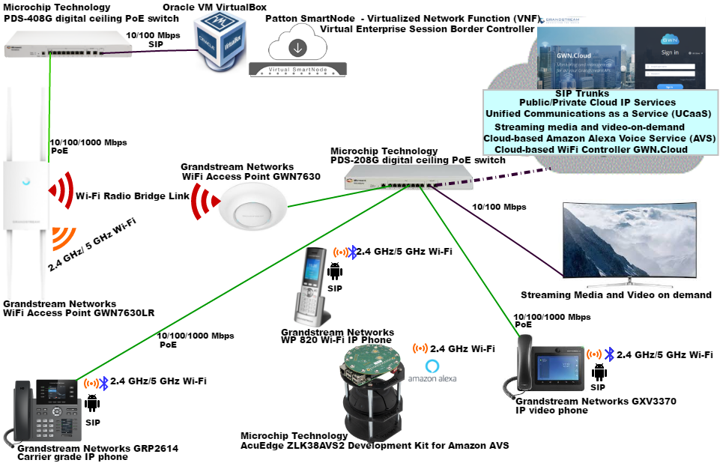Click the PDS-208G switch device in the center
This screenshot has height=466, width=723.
[x=408, y=178]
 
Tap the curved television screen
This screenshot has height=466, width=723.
[x=628, y=242]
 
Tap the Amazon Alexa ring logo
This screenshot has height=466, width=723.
[x=432, y=366]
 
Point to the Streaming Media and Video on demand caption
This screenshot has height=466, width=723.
[x=616, y=294]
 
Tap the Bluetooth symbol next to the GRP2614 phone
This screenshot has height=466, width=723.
[x=104, y=383]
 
